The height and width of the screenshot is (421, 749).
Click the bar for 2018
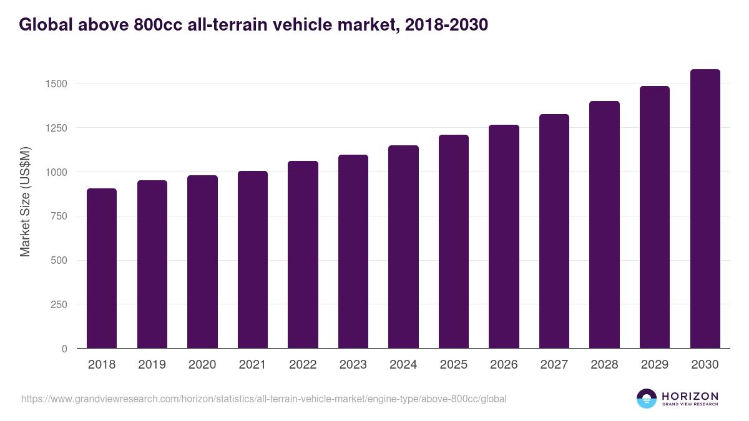[x=102, y=268]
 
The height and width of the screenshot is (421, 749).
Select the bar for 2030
[x=705, y=209]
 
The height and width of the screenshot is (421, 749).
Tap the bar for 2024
[x=403, y=247]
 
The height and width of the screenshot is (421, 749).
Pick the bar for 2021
[x=252, y=259]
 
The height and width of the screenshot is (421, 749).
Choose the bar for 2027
[x=554, y=231]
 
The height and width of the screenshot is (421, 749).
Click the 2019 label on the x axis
[x=152, y=365]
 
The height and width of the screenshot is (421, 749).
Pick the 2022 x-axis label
[x=303, y=365]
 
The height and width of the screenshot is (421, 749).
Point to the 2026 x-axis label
[x=504, y=365]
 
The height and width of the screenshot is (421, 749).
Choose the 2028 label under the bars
[x=604, y=365]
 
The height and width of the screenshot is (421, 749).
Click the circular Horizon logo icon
[x=647, y=399]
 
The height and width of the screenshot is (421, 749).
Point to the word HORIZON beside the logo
[x=690, y=396]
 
